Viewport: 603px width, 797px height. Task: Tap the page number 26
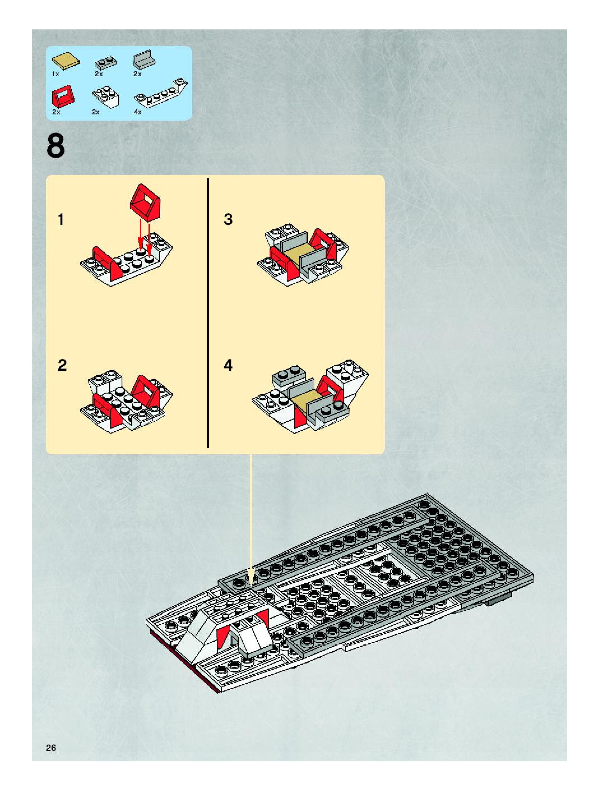(51, 748)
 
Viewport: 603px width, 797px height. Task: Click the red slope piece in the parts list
(63, 95)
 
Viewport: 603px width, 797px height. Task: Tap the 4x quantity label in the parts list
(138, 112)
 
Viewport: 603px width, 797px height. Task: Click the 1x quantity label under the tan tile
(55, 74)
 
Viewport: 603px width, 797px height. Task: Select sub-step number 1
(61, 219)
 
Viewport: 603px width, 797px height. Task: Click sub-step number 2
(62, 365)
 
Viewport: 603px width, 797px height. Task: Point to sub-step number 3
(228, 219)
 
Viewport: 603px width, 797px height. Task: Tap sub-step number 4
(228, 365)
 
